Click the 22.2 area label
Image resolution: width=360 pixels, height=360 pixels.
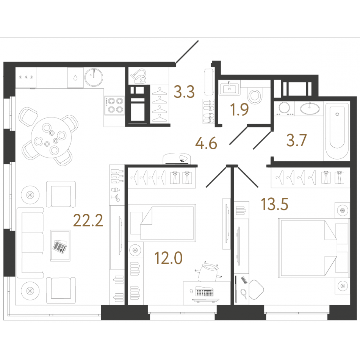click(88, 221)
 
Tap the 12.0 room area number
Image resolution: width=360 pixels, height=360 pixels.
click(169, 258)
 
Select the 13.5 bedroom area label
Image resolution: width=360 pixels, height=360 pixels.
click(275, 204)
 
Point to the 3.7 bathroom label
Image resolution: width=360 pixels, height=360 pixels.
click(296, 140)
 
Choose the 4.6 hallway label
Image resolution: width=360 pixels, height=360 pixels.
click(206, 144)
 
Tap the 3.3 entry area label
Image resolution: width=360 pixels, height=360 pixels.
click(184, 92)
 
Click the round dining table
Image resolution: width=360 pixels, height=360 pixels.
click(51, 138)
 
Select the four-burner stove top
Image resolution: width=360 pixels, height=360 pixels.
click(114, 105)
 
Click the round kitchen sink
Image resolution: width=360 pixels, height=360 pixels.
click(94, 77)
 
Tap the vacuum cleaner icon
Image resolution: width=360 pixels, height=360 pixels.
click(138, 77)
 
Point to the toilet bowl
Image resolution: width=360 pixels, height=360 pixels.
click(255, 95)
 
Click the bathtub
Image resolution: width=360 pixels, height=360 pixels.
click(337, 131)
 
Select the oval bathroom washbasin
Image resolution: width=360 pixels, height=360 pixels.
click(310, 109)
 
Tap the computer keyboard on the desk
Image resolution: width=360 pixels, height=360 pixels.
click(204, 292)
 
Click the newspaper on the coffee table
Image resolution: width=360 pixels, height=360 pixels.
click(60, 246)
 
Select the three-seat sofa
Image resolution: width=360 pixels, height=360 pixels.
click(31, 243)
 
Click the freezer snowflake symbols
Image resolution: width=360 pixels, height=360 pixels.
click(26, 77)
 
